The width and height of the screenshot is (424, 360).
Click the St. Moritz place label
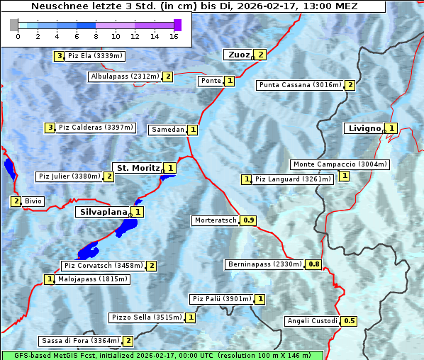tap(138, 168)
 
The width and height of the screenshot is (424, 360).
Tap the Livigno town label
tap(364, 128)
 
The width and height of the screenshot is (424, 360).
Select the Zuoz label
tap(238, 55)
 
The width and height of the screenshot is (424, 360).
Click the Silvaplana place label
tap(103, 211)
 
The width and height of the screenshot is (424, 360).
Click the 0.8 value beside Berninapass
tap(314, 264)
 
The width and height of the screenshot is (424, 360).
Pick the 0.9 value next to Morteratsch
tap(249, 220)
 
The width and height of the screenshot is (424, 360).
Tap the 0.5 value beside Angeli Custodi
tap(350, 321)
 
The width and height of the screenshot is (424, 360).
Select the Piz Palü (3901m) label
tap(221, 299)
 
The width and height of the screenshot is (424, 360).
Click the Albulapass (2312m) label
tap(125, 77)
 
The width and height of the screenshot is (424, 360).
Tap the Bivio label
tap(33, 201)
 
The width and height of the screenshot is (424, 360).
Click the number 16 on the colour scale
tap(174, 36)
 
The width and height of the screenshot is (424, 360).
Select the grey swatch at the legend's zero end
tap(14, 25)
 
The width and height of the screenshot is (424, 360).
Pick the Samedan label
tap(168, 130)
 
